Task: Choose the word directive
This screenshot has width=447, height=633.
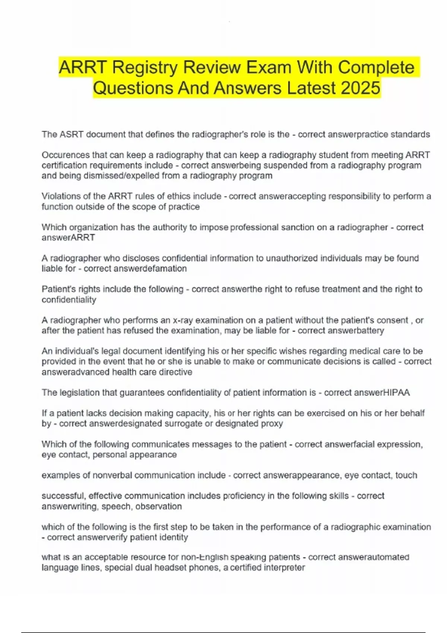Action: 175,372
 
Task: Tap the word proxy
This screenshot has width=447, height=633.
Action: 273,423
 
